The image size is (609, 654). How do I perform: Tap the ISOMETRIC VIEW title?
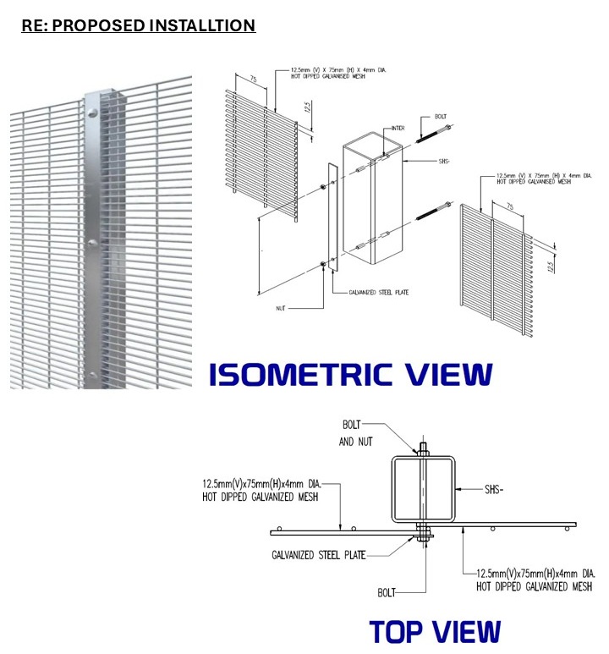[x=349, y=374]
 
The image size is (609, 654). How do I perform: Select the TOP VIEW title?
[x=435, y=631]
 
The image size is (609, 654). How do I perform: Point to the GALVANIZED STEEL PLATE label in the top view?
[x=323, y=556]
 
